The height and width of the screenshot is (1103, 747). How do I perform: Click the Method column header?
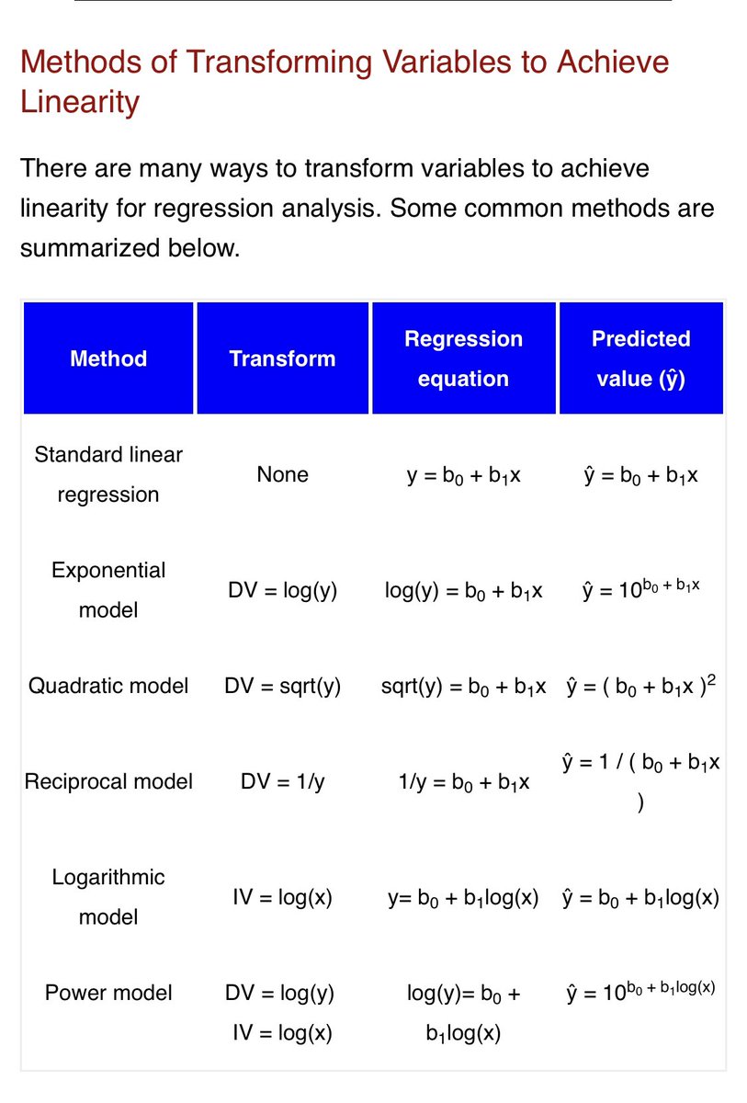[x=108, y=358]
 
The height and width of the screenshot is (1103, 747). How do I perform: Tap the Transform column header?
[x=282, y=358]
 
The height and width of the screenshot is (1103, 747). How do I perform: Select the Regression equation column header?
[x=463, y=358]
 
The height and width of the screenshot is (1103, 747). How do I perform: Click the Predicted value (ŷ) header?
[x=640, y=358]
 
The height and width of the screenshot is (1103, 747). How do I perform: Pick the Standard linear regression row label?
[x=108, y=474]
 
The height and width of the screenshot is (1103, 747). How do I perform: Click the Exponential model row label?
[x=108, y=590]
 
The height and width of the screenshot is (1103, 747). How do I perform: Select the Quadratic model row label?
[x=108, y=686]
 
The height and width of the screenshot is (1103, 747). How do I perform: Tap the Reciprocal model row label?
[x=108, y=781]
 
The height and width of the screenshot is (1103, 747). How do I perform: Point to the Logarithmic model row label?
[x=108, y=897]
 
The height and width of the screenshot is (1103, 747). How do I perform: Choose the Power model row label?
[x=108, y=993]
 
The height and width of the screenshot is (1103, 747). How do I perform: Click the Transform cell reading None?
[x=282, y=474]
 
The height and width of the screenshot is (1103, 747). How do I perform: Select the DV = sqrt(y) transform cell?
[x=282, y=686]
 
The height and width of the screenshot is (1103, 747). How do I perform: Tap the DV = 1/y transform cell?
[x=282, y=781]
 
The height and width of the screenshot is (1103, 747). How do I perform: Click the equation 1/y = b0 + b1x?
[x=463, y=781]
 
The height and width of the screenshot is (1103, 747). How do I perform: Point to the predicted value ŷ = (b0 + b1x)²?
[x=640, y=686]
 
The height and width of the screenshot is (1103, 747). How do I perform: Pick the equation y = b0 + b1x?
[x=463, y=474]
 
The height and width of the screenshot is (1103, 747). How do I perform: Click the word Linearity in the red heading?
[x=79, y=101]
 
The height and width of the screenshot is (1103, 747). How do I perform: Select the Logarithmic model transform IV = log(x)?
[x=282, y=897]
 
